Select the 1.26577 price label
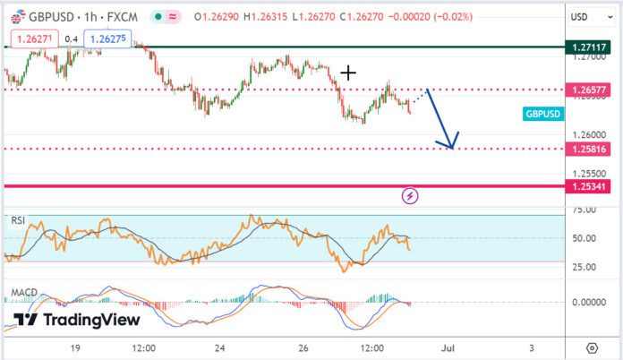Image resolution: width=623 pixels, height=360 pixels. (x=591, y=90)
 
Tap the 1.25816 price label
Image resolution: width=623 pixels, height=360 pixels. (x=591, y=148)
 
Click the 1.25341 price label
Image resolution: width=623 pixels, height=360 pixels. (x=591, y=185)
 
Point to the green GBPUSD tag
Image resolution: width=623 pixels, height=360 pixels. (x=542, y=115)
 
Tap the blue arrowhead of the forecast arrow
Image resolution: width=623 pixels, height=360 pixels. (x=451, y=143)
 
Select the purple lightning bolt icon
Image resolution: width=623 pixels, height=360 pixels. (x=410, y=194)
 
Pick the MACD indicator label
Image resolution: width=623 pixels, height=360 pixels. (x=23, y=293)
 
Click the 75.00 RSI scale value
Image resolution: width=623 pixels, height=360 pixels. (x=584, y=210)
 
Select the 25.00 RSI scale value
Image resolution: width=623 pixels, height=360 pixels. (x=584, y=267)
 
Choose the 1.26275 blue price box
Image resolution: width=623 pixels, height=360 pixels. (x=108, y=38)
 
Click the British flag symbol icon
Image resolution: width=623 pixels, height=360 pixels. (x=16, y=16)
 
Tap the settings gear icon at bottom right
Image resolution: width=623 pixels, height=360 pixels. (x=592, y=347)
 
